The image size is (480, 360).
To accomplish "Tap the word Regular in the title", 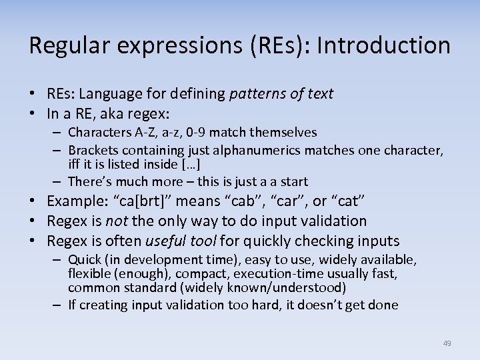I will click(x=63, y=45).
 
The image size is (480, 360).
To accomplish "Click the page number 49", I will click(x=447, y=343).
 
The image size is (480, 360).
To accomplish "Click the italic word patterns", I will click(x=255, y=94).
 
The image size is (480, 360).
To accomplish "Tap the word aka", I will click(x=115, y=113).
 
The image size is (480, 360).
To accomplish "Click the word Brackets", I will click(x=93, y=150).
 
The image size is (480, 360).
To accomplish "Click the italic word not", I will click(x=116, y=221).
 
